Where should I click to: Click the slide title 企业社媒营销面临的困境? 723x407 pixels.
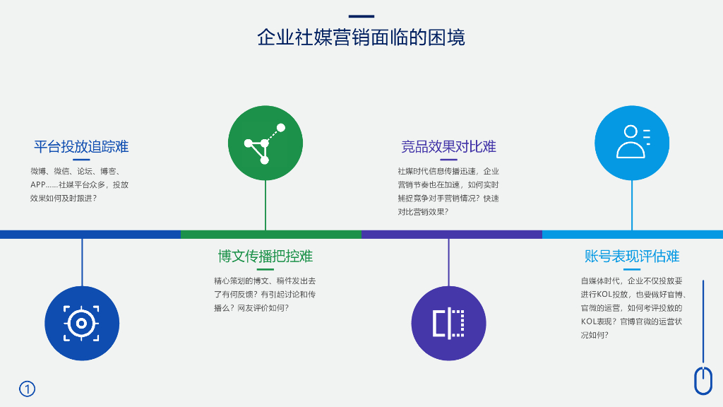click(x=361, y=37)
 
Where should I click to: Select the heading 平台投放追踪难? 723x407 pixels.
click(x=81, y=147)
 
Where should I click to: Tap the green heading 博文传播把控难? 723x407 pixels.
click(x=265, y=256)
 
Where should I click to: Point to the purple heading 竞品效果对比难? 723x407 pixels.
click(x=448, y=147)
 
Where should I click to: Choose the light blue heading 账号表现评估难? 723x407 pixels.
click(x=631, y=256)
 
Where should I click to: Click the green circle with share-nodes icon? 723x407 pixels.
click(x=265, y=143)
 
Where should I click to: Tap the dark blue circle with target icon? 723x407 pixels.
click(x=82, y=323)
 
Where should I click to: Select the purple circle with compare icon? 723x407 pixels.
click(x=448, y=323)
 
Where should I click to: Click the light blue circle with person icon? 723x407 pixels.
click(x=632, y=143)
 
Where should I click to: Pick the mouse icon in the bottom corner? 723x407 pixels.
click(x=703, y=381)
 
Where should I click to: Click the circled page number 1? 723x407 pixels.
click(x=27, y=389)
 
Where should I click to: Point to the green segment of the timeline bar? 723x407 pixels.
click(x=270, y=234)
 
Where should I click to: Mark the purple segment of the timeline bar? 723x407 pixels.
click(x=451, y=234)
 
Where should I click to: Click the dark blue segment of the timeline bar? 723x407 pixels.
click(x=90, y=234)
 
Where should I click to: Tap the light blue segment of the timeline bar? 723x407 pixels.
click(x=632, y=234)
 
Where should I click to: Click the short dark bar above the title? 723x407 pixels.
click(x=361, y=16)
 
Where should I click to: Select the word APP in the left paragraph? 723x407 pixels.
click(x=38, y=184)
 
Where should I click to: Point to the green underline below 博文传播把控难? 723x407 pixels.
click(x=265, y=269)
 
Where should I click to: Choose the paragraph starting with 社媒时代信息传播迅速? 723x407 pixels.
click(x=448, y=191)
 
